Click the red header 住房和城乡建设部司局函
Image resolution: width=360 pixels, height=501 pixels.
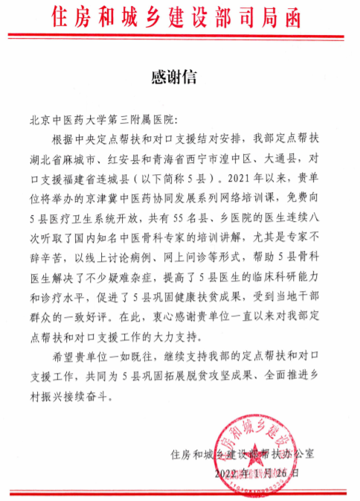click(x=180, y=16)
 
